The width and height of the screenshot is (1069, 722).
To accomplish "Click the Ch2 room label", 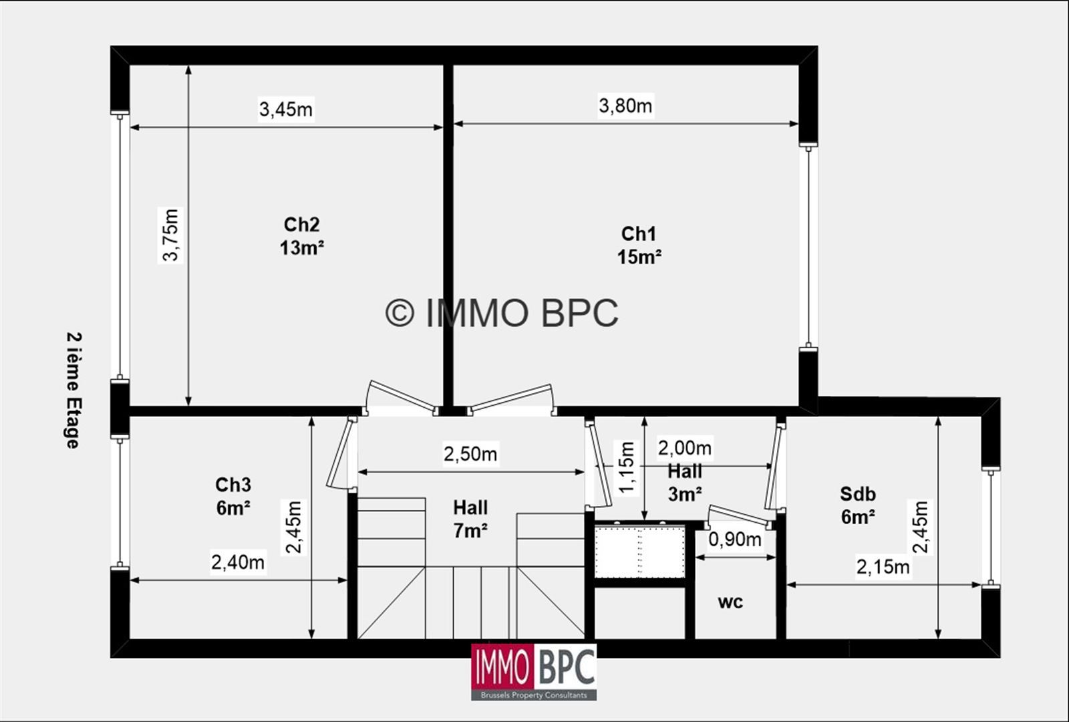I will pos(302,225).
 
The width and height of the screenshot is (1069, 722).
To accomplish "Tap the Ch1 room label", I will pos(639,234).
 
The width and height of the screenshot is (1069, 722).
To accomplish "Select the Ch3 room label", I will pos(233,485).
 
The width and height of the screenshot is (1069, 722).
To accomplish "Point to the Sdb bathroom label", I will pos(858,494).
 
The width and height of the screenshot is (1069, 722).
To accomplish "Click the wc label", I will pos(730,602).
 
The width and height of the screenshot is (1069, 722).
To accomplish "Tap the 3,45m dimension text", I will pos(286,109).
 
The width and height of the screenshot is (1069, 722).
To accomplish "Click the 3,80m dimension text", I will pos(625,106).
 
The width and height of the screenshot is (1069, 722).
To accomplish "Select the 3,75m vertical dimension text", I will pos(171,235).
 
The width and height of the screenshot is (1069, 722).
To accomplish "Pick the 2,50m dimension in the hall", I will pos(470,454).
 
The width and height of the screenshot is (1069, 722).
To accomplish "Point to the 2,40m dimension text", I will pos(238,563).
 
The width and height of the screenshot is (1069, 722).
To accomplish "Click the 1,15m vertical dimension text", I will pos(627,467).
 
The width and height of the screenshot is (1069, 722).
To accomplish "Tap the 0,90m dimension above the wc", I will pos(735,539).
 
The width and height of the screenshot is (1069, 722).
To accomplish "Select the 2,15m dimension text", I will pos(883,568).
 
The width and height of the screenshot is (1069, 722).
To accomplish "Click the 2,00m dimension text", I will pos(685,447).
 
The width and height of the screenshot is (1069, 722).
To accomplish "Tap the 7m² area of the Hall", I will pos(470,530).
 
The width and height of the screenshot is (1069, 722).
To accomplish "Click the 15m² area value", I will pos(639,257).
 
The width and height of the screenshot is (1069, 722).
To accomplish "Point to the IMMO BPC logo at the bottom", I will pos(534,671).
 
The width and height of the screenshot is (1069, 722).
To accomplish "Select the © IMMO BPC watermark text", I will pos(502,312).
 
